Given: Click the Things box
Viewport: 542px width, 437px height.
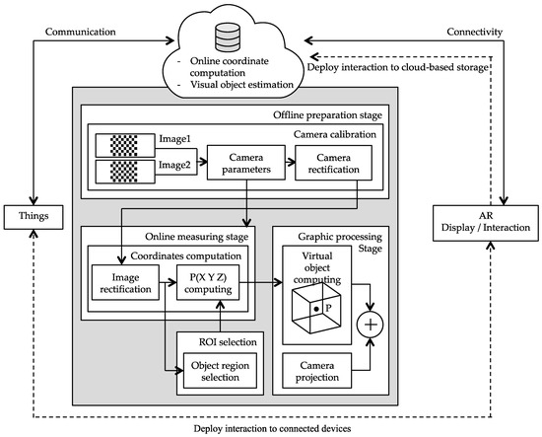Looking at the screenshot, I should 33,214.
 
